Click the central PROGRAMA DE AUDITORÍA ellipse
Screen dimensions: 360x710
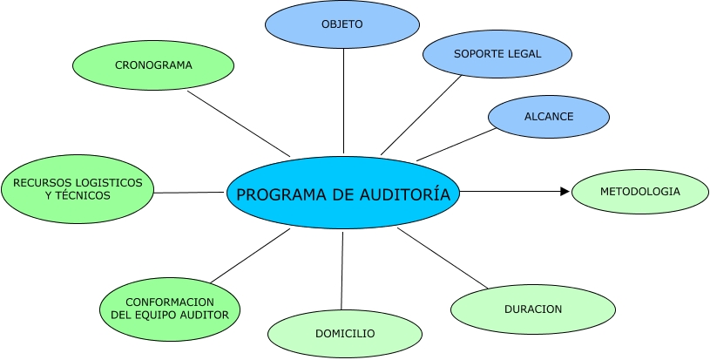point(343,194)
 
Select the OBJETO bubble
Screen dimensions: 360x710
point(341,24)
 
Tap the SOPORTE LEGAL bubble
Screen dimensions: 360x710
point(497,54)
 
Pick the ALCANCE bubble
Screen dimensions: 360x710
point(549,117)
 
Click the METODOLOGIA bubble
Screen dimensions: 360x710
point(640,191)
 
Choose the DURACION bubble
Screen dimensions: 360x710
point(533,309)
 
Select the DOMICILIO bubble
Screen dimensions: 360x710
point(345,334)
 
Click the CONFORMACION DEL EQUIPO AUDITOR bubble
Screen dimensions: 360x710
point(170,309)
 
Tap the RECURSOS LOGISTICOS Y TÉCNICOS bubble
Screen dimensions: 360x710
point(78,189)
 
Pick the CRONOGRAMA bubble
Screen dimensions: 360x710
point(153,65)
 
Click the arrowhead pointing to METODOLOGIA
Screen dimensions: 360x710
point(565,191)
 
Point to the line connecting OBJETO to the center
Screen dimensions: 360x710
point(343,100)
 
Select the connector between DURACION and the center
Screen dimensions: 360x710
point(441,257)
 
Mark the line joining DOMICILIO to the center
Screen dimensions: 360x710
point(342,270)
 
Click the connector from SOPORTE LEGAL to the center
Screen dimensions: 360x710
point(422,115)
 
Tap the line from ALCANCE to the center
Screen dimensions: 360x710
point(456,145)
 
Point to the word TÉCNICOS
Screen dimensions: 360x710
point(82,196)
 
